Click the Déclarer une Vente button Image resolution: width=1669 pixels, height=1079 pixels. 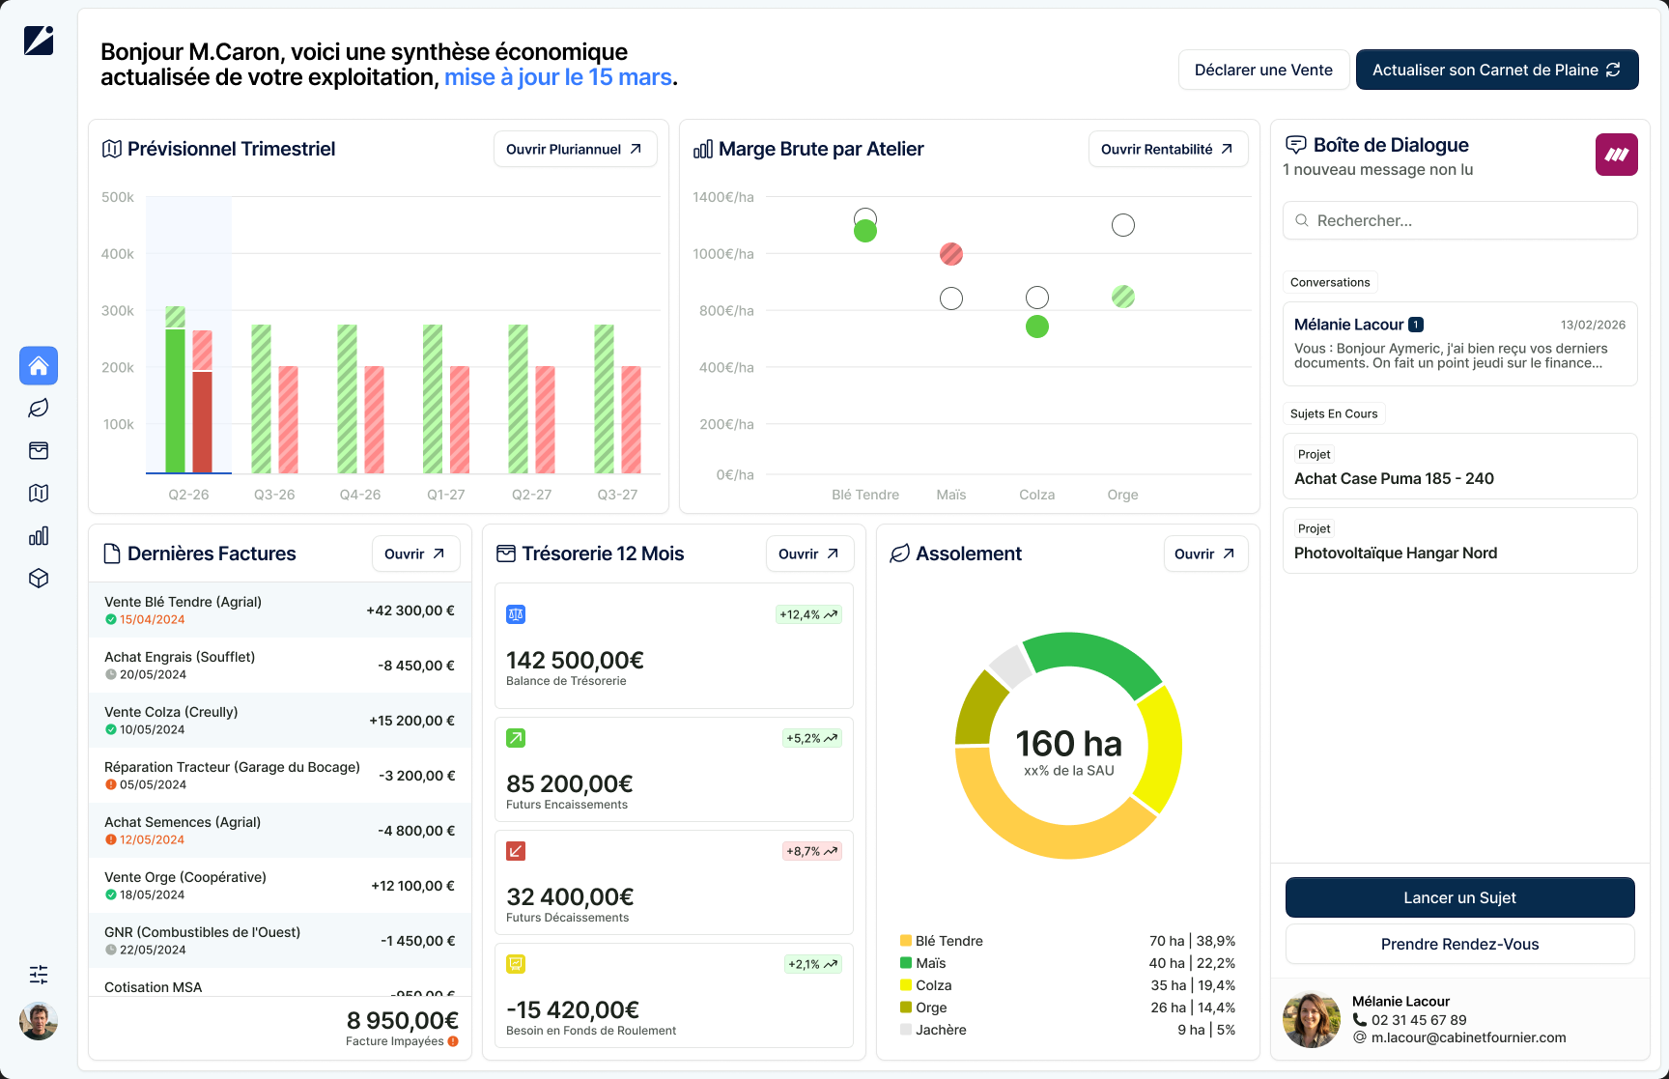(x=1263, y=70)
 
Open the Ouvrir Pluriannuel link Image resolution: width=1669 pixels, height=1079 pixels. (x=575, y=149)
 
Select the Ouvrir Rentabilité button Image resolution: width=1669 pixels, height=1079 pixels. (x=1168, y=149)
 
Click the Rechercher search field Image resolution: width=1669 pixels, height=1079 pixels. (x=1459, y=220)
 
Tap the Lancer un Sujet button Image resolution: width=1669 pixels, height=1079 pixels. (x=1459, y=897)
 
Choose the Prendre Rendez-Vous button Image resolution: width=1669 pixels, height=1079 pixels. (x=1459, y=944)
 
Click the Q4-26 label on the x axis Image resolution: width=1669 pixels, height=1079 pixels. (x=360, y=495)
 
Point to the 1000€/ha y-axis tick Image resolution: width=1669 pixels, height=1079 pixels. (x=723, y=254)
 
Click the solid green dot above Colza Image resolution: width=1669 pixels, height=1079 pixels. (x=1037, y=327)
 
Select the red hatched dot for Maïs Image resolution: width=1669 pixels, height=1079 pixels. (x=951, y=254)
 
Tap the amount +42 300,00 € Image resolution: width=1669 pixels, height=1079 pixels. (x=410, y=610)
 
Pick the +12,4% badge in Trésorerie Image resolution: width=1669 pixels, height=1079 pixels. (x=809, y=614)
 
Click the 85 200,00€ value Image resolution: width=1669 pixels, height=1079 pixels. (x=570, y=783)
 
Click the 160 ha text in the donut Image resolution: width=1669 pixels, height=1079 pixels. (x=1068, y=744)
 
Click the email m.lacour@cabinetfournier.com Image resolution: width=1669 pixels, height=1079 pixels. (x=1468, y=1037)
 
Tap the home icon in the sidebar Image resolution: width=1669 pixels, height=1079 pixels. (x=39, y=366)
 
